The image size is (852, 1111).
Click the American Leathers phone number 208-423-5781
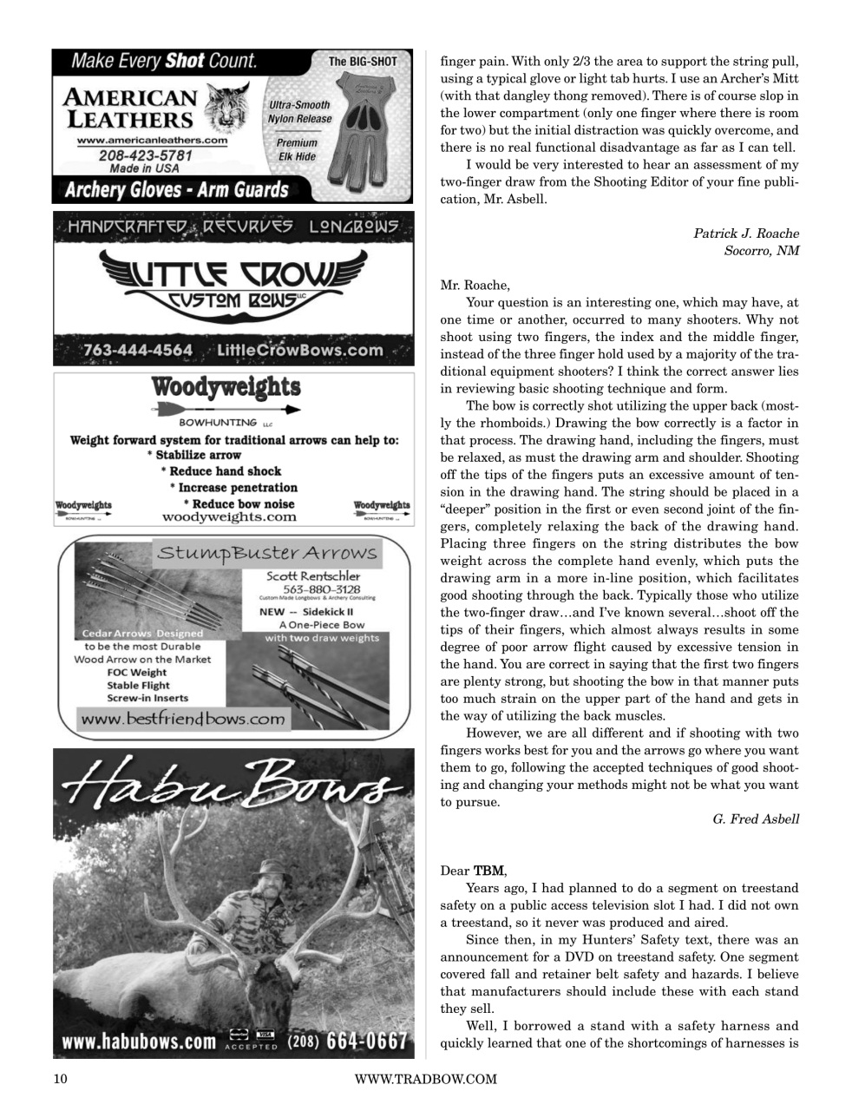(x=145, y=154)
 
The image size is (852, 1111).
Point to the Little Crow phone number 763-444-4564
(x=138, y=350)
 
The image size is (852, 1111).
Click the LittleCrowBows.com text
(x=300, y=350)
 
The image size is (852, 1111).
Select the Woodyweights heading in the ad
(x=226, y=387)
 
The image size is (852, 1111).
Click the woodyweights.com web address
(x=229, y=517)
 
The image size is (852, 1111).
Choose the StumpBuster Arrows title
(x=265, y=554)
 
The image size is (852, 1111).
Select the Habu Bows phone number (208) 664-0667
(x=347, y=1040)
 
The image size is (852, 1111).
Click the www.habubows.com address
(x=139, y=1041)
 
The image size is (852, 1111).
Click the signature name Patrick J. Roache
(x=745, y=233)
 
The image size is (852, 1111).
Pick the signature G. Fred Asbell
(x=755, y=819)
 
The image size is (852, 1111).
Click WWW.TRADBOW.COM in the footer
(x=425, y=1079)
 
